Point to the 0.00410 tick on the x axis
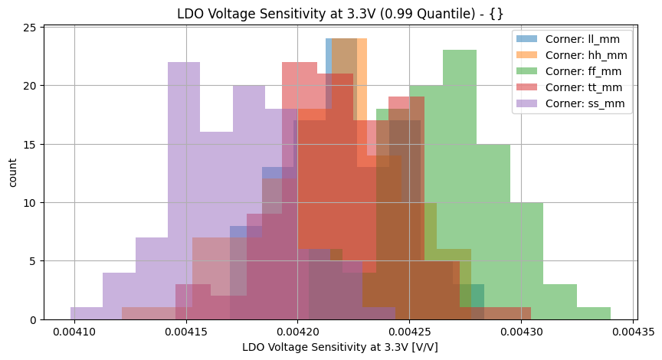[74, 333]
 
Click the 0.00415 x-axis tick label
[186, 333]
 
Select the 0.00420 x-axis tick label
[297, 333]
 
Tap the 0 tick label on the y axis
[33, 319]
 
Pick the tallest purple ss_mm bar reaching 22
[184, 191]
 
